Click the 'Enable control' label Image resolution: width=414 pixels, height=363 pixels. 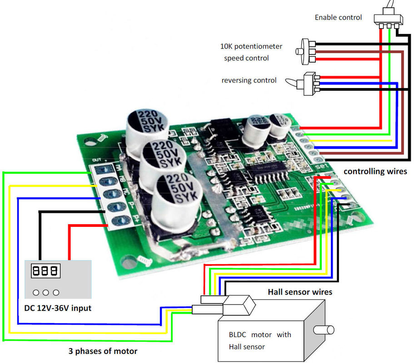pyautogui.click(x=338, y=17)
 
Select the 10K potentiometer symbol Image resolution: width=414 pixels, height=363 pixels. pyautogui.click(x=307, y=51)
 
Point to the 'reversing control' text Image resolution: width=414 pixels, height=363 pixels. pyautogui.click(x=249, y=80)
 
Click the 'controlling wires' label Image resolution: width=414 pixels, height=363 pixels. pyautogui.click(x=375, y=171)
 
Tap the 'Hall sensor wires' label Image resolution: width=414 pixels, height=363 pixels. pyautogui.click(x=300, y=292)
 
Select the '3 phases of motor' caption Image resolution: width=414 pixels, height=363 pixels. pyautogui.click(x=103, y=351)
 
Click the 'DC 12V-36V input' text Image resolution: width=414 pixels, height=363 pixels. pyautogui.click(x=58, y=308)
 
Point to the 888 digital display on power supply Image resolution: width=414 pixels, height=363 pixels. pyautogui.click(x=45, y=271)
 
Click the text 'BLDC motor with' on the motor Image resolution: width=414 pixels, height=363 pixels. pyautogui.click(x=260, y=335)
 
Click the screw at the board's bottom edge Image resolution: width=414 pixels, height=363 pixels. pyautogui.click(x=145, y=260)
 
